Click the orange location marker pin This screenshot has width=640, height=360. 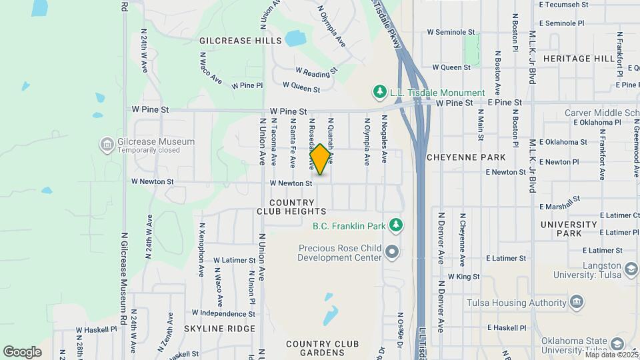click(321, 159)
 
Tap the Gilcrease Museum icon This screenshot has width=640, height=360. click(106, 144)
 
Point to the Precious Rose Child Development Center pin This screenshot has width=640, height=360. click(392, 252)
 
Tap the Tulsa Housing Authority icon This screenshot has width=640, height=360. click(577, 303)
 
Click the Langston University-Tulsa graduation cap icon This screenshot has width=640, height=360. click(630, 268)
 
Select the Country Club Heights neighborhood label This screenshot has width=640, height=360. click(291, 207)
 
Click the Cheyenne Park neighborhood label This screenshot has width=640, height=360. click(465, 157)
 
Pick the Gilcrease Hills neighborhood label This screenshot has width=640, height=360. click(240, 41)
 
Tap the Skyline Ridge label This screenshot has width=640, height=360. click(219, 329)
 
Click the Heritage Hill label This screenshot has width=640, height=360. click(578, 59)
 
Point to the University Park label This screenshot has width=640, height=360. click(569, 229)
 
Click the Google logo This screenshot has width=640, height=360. click(22, 351)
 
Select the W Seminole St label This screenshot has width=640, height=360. click(451, 31)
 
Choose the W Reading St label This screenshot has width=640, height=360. click(317, 70)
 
